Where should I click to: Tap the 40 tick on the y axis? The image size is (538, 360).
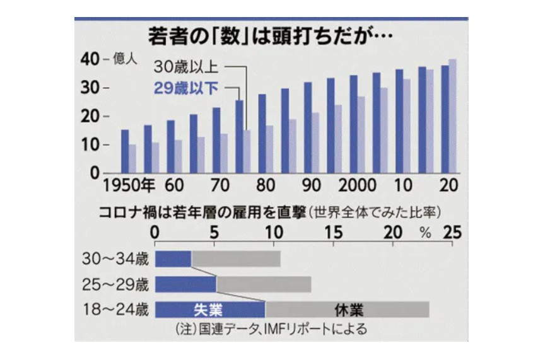pos(90,59)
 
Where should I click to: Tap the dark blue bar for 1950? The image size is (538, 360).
pos(125,151)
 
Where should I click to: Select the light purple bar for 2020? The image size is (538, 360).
pos(453,116)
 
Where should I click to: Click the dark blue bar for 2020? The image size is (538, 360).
pos(445,119)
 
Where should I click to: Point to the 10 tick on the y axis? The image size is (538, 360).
pos(90,145)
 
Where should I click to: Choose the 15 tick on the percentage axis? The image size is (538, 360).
pos(334,231)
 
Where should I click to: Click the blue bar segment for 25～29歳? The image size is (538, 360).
pos(185,284)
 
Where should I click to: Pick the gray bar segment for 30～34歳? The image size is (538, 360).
pos(236,258)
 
